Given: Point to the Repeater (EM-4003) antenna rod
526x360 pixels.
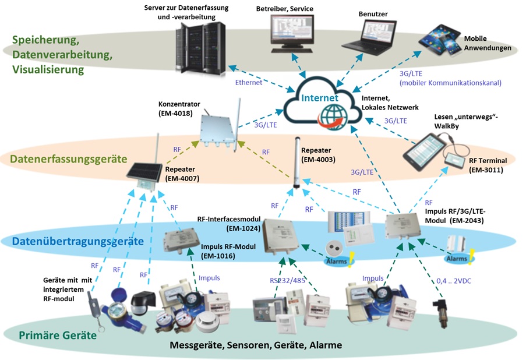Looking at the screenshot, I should tap(296, 163).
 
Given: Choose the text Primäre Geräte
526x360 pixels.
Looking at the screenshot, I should tap(58, 335).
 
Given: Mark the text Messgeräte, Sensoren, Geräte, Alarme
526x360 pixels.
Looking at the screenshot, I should tap(256, 345).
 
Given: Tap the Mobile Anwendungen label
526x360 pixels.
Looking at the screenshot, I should tap(488, 44).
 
